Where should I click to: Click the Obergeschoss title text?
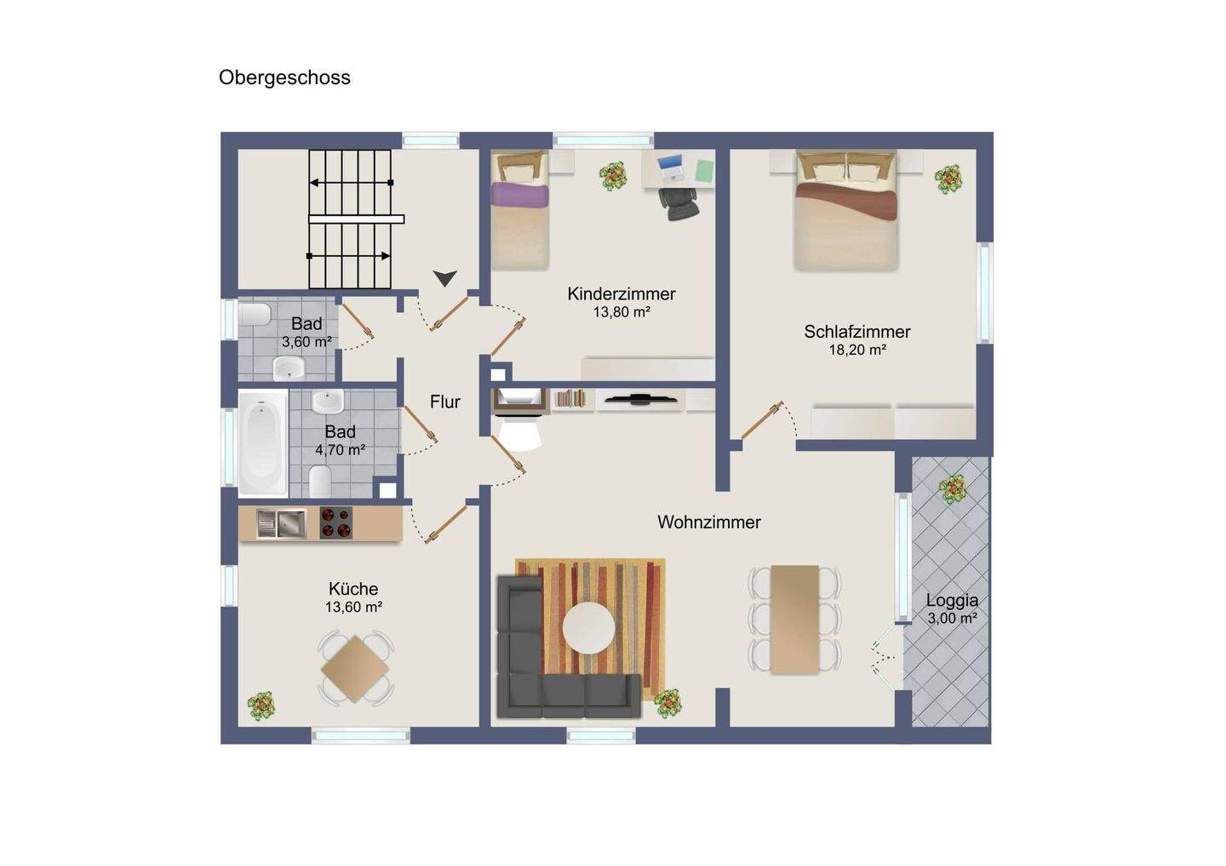pos(284,78)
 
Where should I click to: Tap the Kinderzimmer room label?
pos(622,294)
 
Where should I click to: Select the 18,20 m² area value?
pos(857,350)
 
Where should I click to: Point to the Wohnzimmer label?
pos(709,522)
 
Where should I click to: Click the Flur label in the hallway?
pos(445,402)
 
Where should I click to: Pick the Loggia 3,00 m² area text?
pos(953,618)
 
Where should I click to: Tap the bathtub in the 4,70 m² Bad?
pos(263,444)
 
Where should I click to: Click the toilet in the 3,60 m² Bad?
pos(255,315)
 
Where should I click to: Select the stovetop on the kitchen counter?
pos(335,523)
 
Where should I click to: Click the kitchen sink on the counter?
pos(281,524)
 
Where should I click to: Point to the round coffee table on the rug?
pos(588,628)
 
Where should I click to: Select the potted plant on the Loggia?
pos(953,490)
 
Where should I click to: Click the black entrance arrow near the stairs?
pos(444,278)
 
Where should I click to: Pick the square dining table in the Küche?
pos(355,669)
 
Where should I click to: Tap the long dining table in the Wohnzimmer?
pos(794,619)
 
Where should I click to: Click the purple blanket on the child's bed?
pos(519,195)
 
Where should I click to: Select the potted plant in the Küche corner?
pos(261,706)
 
